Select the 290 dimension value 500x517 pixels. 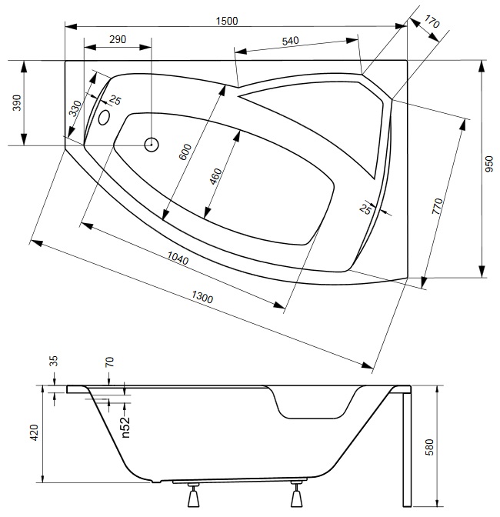(118, 38)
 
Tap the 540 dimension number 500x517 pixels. (290, 41)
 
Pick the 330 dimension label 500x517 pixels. (74, 107)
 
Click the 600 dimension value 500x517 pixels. (184, 150)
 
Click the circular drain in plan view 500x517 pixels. (152, 144)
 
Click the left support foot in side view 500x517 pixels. (195, 498)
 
